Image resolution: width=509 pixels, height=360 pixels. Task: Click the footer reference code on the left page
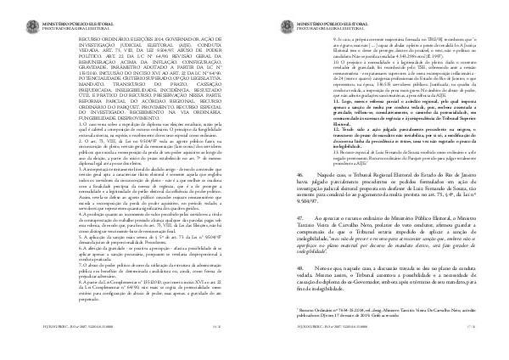(x=38, y=348)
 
